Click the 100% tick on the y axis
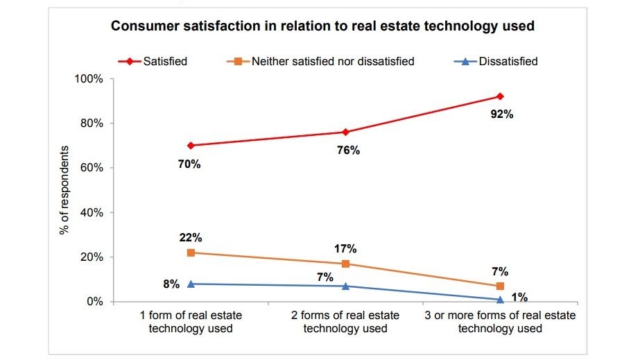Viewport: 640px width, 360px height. (x=89, y=79)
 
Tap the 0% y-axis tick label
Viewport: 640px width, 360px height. (x=94, y=302)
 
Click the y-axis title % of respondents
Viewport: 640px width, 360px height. (x=64, y=190)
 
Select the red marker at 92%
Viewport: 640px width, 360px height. (x=500, y=96)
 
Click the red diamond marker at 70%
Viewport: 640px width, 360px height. (x=191, y=146)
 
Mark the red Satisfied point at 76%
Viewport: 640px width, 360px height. (x=345, y=132)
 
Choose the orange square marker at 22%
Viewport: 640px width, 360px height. (x=191, y=252)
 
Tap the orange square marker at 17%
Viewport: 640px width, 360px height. (x=345, y=264)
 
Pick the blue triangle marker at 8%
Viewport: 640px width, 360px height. (x=191, y=284)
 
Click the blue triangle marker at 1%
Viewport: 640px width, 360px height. (x=500, y=299)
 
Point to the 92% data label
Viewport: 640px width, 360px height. (x=501, y=114)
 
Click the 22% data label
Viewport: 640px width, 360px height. (x=191, y=237)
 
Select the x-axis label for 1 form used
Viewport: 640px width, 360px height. (x=191, y=321)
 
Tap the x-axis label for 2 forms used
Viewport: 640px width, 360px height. (x=345, y=321)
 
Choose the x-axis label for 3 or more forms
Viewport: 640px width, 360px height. (x=500, y=321)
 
